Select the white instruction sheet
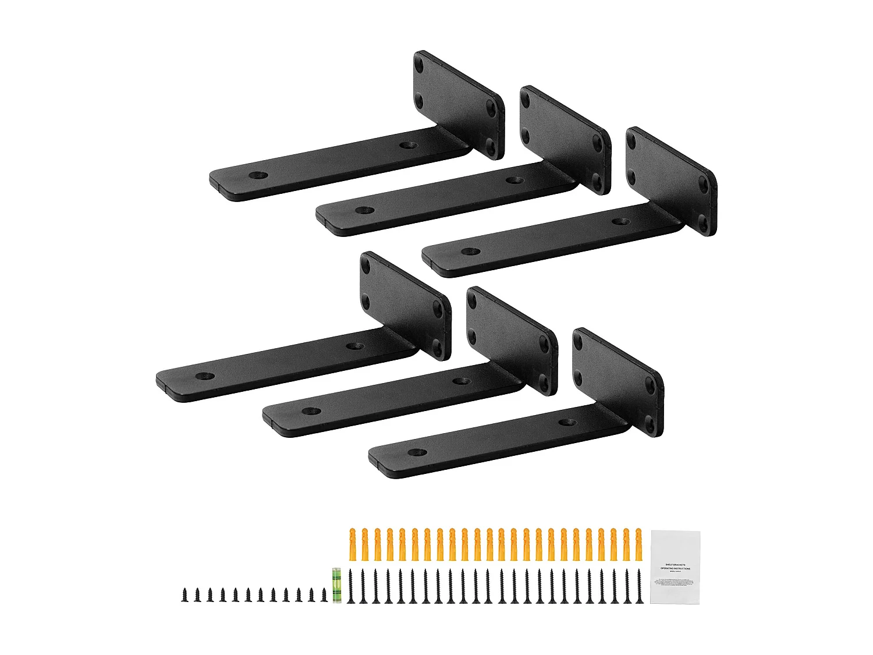(675, 567)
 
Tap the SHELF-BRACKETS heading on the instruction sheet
(675, 564)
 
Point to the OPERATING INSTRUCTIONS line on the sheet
(675, 568)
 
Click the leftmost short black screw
(184, 594)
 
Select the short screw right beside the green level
(324, 594)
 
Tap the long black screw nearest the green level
(350, 586)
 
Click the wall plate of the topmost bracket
(459, 105)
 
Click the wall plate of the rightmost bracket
(671, 181)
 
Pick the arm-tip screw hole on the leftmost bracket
(204, 376)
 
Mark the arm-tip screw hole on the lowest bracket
(417, 452)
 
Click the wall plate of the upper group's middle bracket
(565, 140)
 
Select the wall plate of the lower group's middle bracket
(512, 341)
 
